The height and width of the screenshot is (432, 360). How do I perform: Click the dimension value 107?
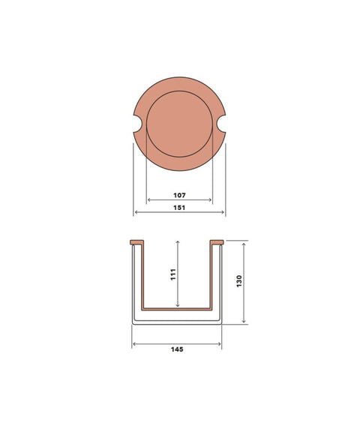point(179,195)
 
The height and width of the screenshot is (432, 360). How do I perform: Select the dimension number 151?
point(179,208)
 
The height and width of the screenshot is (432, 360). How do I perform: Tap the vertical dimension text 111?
point(172,274)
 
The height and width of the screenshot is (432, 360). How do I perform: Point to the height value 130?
point(239,282)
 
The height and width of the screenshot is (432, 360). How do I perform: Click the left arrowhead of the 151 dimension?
point(135,214)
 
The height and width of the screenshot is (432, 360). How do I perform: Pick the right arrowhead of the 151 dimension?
point(224,214)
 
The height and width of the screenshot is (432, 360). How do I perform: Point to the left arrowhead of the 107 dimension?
point(148,200)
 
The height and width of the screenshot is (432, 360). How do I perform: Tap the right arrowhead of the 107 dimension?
point(211,200)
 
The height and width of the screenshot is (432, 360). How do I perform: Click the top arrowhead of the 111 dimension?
point(177,241)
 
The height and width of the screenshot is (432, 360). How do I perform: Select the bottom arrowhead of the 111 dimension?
point(177,306)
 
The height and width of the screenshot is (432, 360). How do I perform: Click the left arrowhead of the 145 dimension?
point(133,343)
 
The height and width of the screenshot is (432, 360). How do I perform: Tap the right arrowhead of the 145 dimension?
point(220,343)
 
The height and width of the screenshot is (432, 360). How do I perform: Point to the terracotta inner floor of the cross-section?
point(177,308)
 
